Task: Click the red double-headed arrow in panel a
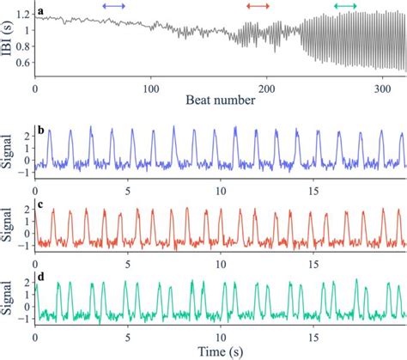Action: [257, 6]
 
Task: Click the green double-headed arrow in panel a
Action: [345, 6]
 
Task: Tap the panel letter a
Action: [41, 15]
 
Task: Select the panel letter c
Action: [41, 209]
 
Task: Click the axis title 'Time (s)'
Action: [220, 351]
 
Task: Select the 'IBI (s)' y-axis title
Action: [7, 41]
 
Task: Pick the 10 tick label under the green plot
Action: [221, 338]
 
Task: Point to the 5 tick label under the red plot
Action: [128, 261]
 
